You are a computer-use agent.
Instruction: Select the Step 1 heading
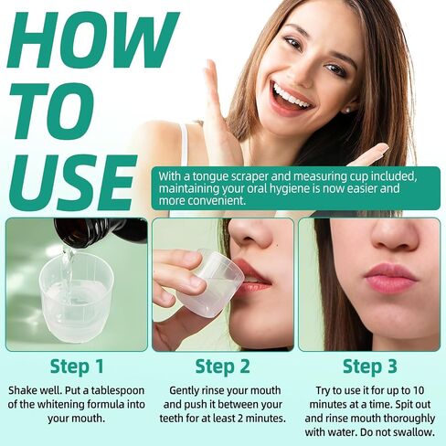tap(77, 366)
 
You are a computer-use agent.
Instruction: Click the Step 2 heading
tap(223, 366)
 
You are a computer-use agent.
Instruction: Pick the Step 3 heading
tap(370, 366)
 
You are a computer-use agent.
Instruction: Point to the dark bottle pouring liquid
tap(101, 231)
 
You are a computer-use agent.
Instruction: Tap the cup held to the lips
tap(210, 281)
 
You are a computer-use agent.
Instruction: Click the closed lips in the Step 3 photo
tap(391, 278)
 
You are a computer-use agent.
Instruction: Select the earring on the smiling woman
tap(346, 111)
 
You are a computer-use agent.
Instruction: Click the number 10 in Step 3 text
tap(418, 390)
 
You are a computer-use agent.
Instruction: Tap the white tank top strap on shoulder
tap(185, 144)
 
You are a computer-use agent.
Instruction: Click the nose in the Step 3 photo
tap(394, 235)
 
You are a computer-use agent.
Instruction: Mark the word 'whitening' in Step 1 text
tap(61, 405)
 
